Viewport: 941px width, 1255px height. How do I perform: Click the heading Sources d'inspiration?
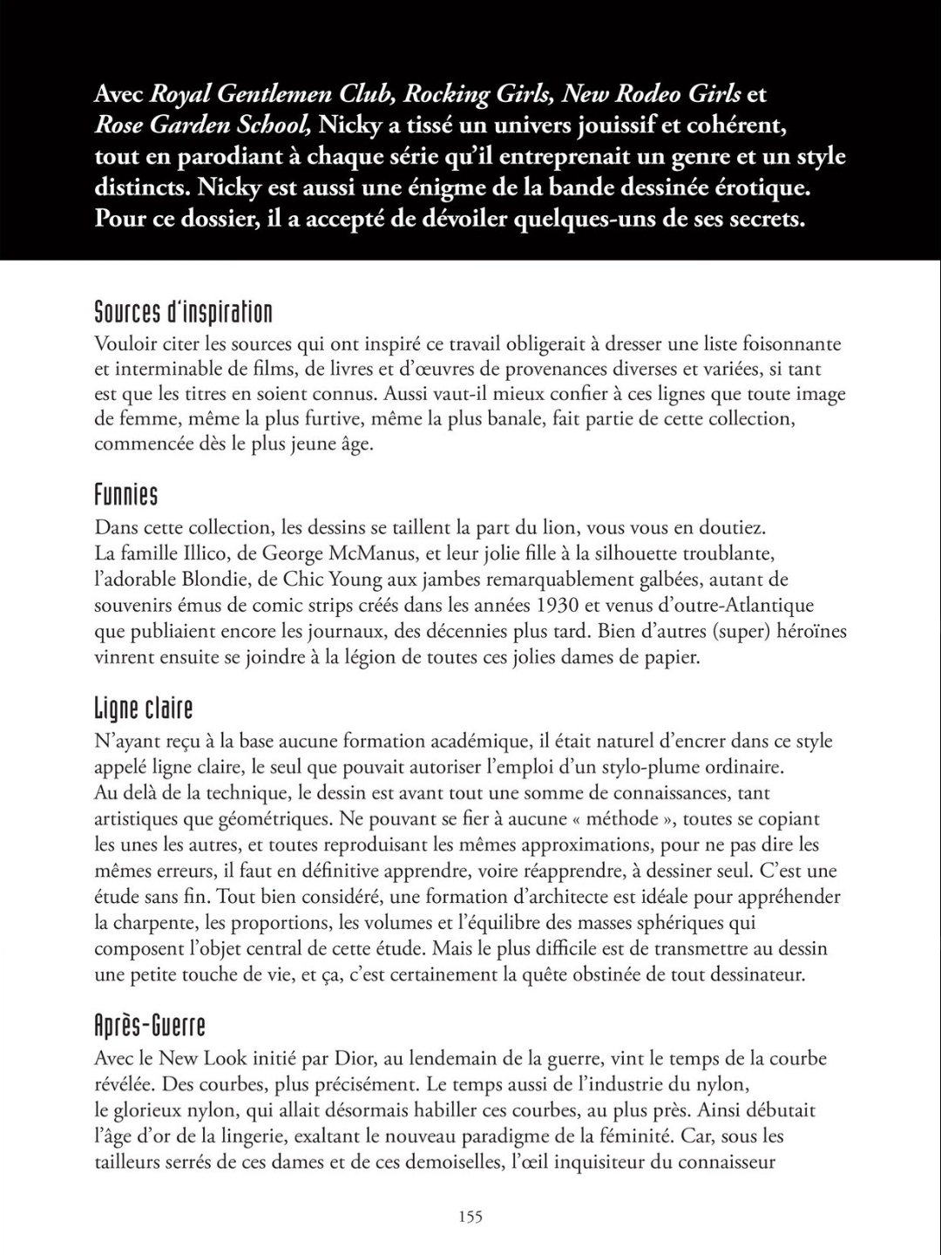coord(183,312)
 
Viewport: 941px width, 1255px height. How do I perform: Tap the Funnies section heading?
coord(126,496)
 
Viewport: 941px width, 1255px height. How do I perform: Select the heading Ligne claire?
coord(144,709)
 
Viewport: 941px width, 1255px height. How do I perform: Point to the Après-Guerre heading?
coord(150,1026)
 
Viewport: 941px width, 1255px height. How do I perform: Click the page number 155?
coord(470,1217)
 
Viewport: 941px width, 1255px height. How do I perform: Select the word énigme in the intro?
coord(453,187)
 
